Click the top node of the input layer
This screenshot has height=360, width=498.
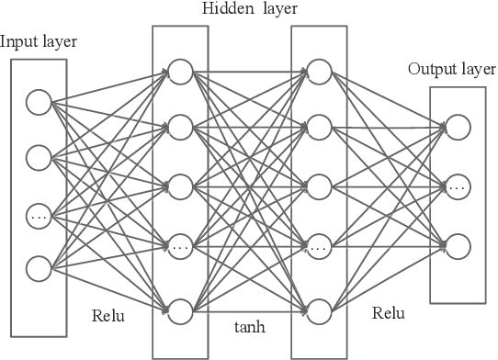39,101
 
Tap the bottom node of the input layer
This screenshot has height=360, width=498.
39,268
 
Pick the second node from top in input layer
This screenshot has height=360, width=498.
39,157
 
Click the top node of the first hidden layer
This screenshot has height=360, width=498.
179,71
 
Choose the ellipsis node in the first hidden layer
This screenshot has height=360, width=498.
179,248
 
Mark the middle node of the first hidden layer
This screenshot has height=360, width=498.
179,186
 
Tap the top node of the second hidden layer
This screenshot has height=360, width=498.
318,71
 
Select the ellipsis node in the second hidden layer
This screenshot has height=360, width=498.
318,248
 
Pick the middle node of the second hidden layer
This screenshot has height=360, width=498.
318,186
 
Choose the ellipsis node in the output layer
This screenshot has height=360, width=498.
457,186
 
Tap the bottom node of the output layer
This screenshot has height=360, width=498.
457,245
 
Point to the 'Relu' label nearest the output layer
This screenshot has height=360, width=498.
388,312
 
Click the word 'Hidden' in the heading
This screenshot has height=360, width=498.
221,9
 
